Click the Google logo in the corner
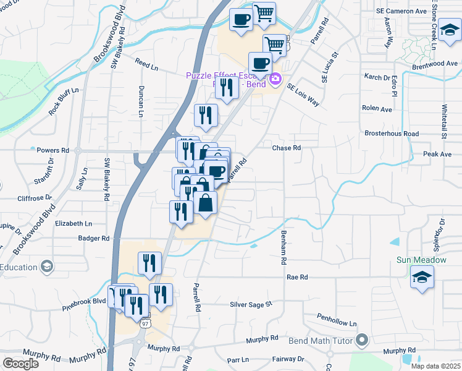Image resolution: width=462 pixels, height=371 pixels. pyautogui.click(x=20, y=364)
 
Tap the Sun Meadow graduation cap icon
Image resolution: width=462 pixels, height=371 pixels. pyautogui.click(x=421, y=278)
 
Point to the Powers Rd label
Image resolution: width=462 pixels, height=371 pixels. pyautogui.click(x=52, y=150)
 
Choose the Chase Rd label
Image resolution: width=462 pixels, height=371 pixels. pyautogui.click(x=287, y=148)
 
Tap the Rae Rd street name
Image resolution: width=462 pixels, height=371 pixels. pyautogui.click(x=296, y=278)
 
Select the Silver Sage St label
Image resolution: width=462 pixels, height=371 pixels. pyautogui.click(x=251, y=304)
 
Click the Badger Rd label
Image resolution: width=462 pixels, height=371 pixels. pyautogui.click(x=93, y=238)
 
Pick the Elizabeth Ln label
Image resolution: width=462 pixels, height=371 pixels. pyautogui.click(x=73, y=223)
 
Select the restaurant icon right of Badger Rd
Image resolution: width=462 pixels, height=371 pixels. pyautogui.click(x=149, y=263)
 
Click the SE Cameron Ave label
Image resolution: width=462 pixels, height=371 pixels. pyautogui.click(x=401, y=11)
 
